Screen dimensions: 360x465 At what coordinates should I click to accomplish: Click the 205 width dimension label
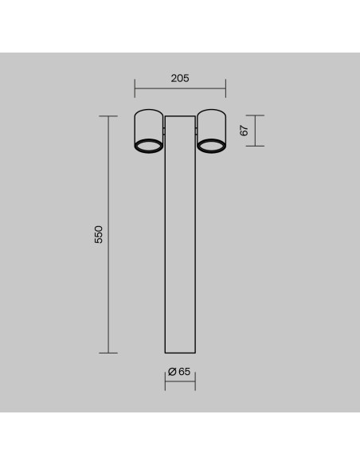click(x=180, y=78)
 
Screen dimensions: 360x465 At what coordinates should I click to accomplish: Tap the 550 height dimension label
click(x=99, y=234)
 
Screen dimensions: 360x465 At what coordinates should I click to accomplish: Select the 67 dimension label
click(x=244, y=131)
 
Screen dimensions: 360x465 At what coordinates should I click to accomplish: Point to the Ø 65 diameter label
click(x=179, y=372)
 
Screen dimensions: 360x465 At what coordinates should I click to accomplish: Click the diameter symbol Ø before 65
click(x=172, y=372)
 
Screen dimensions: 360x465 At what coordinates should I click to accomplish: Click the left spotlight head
click(x=148, y=131)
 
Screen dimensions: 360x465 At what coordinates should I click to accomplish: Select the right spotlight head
click(x=211, y=131)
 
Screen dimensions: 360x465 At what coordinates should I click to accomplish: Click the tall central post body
click(x=180, y=234)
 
